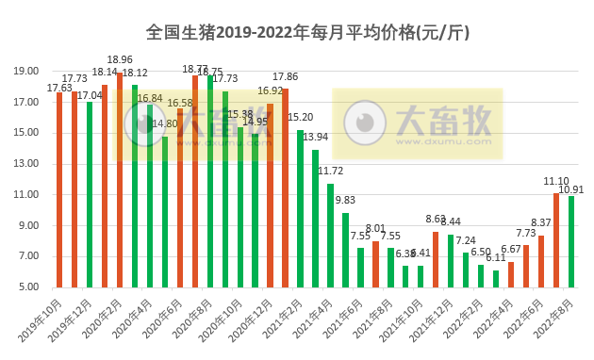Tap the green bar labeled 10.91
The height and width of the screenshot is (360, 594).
pos(571,241)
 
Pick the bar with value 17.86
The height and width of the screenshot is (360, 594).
pos(285,188)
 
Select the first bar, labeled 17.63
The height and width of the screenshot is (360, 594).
pos(59,189)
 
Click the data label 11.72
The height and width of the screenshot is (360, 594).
pos(330,172)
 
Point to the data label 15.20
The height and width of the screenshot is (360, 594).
pos(300,118)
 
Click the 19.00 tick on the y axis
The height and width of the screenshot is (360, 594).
pos(26,71)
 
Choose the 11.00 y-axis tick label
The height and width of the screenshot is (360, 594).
pos(26,195)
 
